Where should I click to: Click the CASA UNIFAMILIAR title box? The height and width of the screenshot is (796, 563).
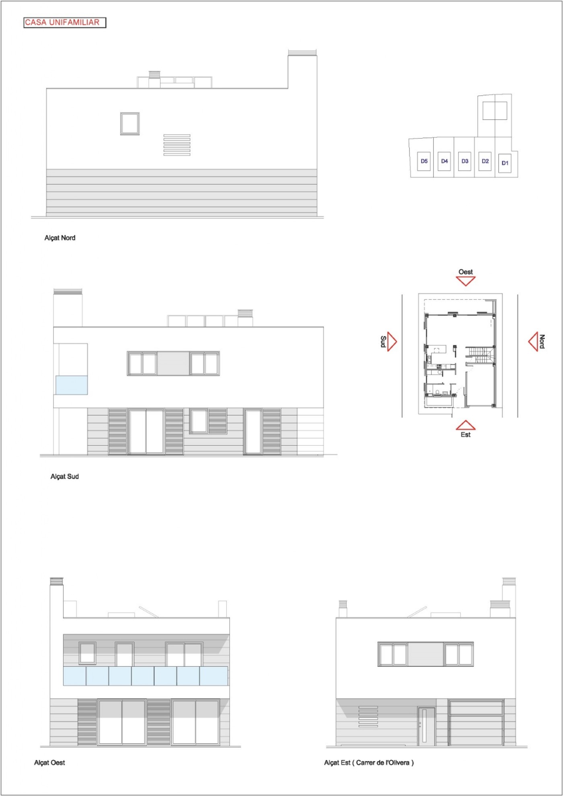tap(65, 23)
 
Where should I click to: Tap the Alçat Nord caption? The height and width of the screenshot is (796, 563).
tap(60, 238)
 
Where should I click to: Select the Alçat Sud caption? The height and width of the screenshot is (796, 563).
tap(64, 476)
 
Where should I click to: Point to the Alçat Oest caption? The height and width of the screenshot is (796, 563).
tap(49, 763)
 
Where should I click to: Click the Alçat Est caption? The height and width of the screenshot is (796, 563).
tap(369, 763)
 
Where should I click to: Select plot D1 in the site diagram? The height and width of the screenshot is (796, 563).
tap(505, 163)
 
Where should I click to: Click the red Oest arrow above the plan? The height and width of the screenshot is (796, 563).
tap(466, 281)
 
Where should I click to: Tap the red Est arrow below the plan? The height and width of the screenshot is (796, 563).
tap(466, 425)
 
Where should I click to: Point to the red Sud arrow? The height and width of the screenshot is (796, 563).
tap(392, 341)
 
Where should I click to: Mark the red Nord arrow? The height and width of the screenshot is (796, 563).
tap(533, 341)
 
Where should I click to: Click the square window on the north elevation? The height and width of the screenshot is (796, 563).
tap(130, 123)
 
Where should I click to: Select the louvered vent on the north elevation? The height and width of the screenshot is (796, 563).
tap(177, 145)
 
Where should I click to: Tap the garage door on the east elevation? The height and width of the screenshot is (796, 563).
tap(476, 723)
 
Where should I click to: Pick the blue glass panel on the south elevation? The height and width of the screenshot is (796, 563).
tap(71, 385)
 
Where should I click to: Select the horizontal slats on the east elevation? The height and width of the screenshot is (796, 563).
tap(368, 716)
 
